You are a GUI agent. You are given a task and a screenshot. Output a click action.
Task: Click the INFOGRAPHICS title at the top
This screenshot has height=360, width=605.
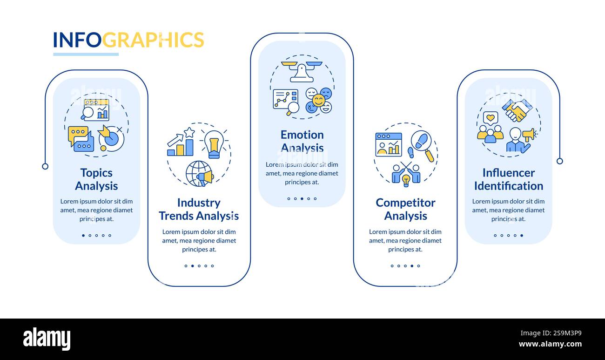coord(128,40)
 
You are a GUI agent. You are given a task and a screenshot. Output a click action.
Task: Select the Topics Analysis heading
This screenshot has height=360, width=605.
coord(96,179)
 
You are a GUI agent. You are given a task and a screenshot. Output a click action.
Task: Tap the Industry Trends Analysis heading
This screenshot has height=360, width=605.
coord(199,209)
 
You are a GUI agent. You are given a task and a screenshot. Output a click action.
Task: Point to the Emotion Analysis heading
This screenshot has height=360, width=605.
coord(302,141)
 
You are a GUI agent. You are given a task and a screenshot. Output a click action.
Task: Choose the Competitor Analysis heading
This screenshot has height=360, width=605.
coord(405,209)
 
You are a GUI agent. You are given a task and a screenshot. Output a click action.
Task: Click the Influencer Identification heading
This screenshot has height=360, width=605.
coord(508,179)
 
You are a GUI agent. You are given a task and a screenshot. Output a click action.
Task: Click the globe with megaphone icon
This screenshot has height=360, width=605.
coord(200,174)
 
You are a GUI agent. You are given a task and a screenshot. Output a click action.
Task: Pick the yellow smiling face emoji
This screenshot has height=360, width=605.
coord(319,101)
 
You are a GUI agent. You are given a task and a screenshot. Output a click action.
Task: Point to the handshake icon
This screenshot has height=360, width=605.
coord(516,110)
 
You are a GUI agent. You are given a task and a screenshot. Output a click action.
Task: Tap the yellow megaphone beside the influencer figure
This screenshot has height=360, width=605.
coord(529,135)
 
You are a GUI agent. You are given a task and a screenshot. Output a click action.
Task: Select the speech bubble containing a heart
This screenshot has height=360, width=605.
coord(490,118)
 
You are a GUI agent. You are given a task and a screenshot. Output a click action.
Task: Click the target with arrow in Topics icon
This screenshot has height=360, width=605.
coord(111,138)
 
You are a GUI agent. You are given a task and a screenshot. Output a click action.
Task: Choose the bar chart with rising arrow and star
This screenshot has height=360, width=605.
coord(181,142)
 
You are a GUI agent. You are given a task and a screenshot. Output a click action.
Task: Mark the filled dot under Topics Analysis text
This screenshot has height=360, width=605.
coord(83,236)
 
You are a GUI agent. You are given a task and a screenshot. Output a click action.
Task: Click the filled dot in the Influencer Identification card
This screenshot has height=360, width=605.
coord(522,236)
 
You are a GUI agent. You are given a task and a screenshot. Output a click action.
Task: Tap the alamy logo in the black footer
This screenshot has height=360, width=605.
coord(47,339)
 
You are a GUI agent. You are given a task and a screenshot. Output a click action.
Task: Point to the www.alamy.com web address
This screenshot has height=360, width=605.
coord(550,345)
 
